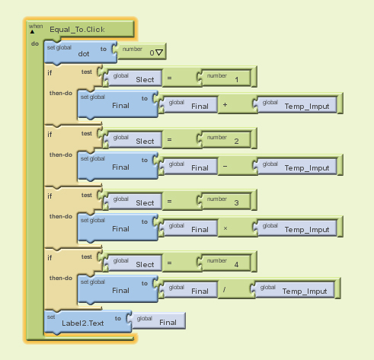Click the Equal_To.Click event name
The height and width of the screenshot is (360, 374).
point(77,30)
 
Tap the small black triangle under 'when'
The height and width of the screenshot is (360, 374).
point(32,32)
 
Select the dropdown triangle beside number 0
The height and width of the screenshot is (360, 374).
point(159,53)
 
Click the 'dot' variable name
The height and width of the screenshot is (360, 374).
point(84,54)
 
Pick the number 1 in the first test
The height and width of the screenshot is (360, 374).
point(237,80)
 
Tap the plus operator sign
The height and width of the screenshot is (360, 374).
point(225,104)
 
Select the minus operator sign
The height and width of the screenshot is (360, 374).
point(225,167)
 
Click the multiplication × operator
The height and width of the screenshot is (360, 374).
point(225,228)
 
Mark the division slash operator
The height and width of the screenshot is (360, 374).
point(224,289)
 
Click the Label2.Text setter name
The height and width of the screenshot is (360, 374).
point(83,323)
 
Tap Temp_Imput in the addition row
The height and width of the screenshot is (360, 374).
point(307,107)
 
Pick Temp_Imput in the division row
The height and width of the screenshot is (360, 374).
point(305,292)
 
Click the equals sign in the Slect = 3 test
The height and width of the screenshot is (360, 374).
point(169,201)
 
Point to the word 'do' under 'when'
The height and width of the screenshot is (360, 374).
point(35,43)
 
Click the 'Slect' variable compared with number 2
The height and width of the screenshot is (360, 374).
point(145,141)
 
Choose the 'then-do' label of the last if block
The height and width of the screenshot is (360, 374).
point(61,278)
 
